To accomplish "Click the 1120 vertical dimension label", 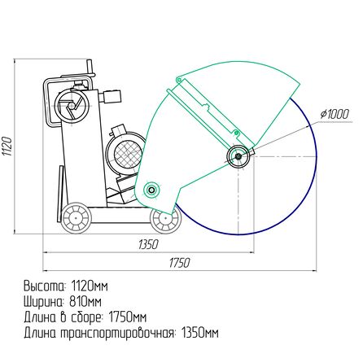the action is (7, 147).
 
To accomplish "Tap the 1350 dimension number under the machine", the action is (148, 245).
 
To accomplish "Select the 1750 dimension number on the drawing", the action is (179, 263).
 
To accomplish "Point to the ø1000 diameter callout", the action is (334, 114).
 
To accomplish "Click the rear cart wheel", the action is (76, 217).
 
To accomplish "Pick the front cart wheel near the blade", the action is (165, 219).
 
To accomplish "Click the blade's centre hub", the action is (238, 156).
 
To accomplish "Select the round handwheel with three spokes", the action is (72, 105).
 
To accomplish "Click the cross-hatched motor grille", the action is (128, 154).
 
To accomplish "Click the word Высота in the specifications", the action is (45, 286).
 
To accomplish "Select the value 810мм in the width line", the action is (85, 302).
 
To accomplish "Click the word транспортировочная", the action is (117, 333).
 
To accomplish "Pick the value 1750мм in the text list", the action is (128, 317).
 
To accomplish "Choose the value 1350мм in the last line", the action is (199, 333).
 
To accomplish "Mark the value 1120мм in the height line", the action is (90, 286).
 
